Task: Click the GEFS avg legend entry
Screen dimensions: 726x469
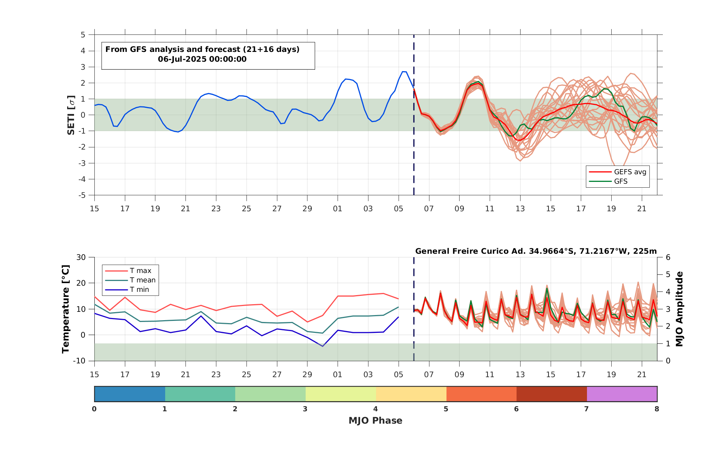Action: tap(617, 172)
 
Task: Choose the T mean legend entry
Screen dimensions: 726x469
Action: tap(130, 280)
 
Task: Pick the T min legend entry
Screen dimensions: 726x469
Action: tap(127, 290)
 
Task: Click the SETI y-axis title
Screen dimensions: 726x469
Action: tap(71, 115)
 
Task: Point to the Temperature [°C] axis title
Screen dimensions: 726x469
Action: tap(65, 309)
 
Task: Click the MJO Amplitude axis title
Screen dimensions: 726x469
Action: tap(679, 309)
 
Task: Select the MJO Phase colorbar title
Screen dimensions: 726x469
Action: tap(375, 421)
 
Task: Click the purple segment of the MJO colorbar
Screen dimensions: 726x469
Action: tap(622, 394)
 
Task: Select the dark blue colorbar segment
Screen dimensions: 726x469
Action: tap(130, 394)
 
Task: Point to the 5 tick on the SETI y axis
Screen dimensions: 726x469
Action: tap(83, 35)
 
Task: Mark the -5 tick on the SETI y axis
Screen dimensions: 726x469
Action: tap(82, 195)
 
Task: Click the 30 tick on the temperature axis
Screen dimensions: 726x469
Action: tap(81, 257)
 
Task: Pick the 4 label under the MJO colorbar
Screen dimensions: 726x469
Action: tap(375, 409)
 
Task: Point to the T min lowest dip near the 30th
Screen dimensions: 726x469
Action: tap(322, 346)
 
